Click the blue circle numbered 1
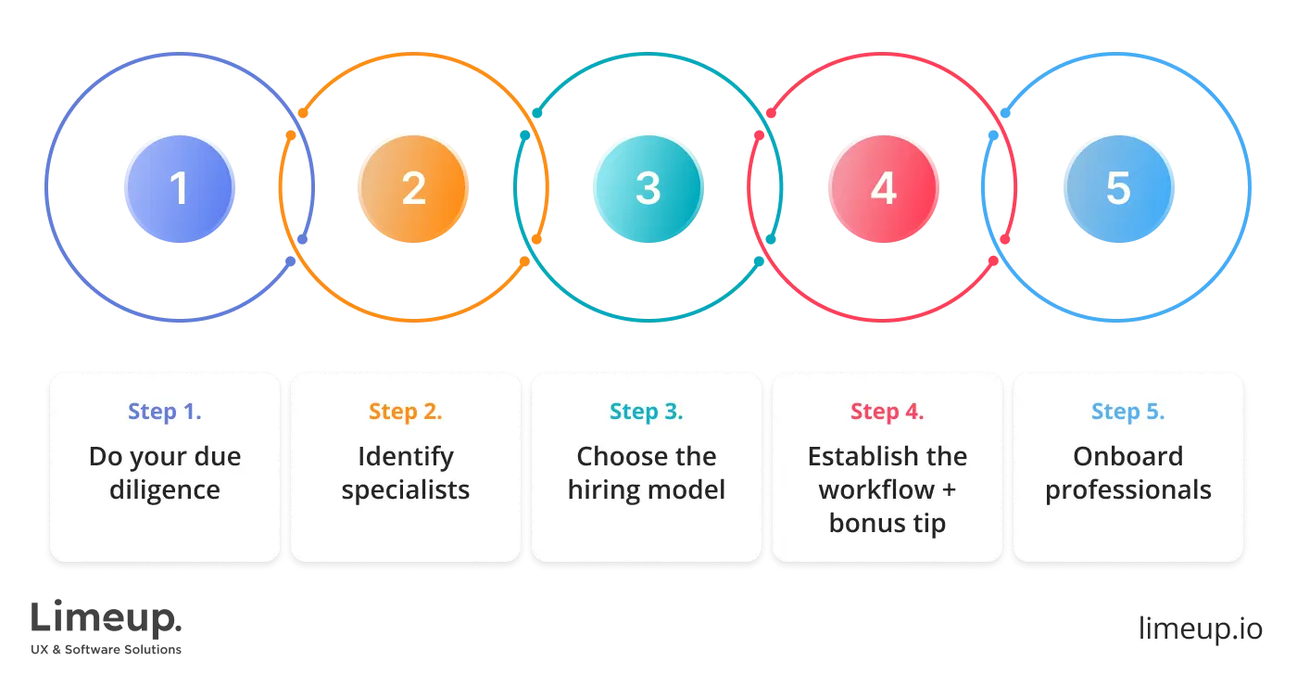point(179,189)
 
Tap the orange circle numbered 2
point(413,189)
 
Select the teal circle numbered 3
point(648,189)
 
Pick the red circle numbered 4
point(883,189)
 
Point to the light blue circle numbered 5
point(1118,189)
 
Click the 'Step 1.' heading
point(165,412)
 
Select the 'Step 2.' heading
point(406,412)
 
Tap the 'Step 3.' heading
point(647,412)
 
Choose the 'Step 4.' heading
point(888,412)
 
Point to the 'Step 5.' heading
point(1128,412)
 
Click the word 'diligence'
point(165,489)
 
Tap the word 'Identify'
point(406,456)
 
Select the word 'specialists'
point(406,489)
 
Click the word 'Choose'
point(618,456)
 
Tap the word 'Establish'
point(858,456)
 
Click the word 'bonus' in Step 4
point(867,523)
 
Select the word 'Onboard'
point(1128,456)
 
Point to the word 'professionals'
point(1128,489)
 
